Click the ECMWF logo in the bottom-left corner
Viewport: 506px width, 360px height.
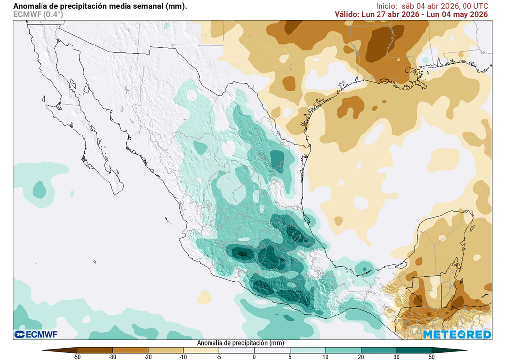[36, 335]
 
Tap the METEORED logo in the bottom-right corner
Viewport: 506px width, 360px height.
[457, 335]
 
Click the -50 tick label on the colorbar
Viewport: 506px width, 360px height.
[77, 356]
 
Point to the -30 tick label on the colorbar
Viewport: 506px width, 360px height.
[112, 356]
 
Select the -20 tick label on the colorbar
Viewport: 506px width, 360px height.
[148, 356]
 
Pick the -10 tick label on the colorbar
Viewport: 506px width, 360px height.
[183, 356]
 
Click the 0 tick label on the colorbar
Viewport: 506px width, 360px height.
[254, 356]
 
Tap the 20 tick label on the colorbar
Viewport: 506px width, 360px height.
[361, 356]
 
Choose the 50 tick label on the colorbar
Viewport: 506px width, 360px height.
[432, 356]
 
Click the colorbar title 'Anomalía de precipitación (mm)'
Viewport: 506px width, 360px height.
[240, 343]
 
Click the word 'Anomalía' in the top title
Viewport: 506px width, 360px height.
[30, 6]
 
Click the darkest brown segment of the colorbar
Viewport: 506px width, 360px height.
[59, 350]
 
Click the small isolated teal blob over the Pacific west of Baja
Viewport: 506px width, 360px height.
[39, 189]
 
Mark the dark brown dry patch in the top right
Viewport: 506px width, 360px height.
[383, 45]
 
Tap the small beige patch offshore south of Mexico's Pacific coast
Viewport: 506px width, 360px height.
[205, 297]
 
